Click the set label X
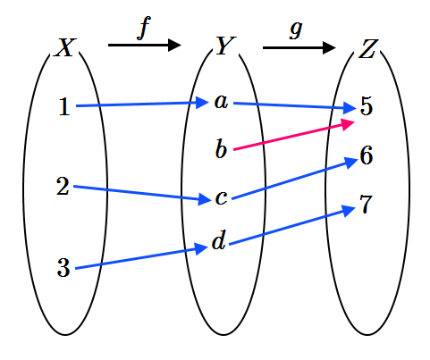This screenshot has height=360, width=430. [65, 47]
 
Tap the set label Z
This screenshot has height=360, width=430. [368, 49]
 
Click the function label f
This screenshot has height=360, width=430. [144, 28]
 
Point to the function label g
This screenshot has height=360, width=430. [296, 30]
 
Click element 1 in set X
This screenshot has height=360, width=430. [64, 107]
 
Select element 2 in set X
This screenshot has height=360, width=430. [63, 187]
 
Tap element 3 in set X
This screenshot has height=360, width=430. [63, 268]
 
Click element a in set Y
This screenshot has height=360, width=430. [221, 102]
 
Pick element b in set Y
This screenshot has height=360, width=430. [221, 148]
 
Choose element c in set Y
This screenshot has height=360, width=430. [221, 197]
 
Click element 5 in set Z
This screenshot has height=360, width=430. [367, 106]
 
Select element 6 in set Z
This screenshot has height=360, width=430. [367, 155]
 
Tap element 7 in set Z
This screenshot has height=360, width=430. [367, 205]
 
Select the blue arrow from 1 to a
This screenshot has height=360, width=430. [142, 105]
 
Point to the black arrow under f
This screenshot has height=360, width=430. [145, 46]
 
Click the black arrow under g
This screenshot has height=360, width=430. [299, 47]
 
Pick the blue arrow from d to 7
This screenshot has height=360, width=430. [292, 225]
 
